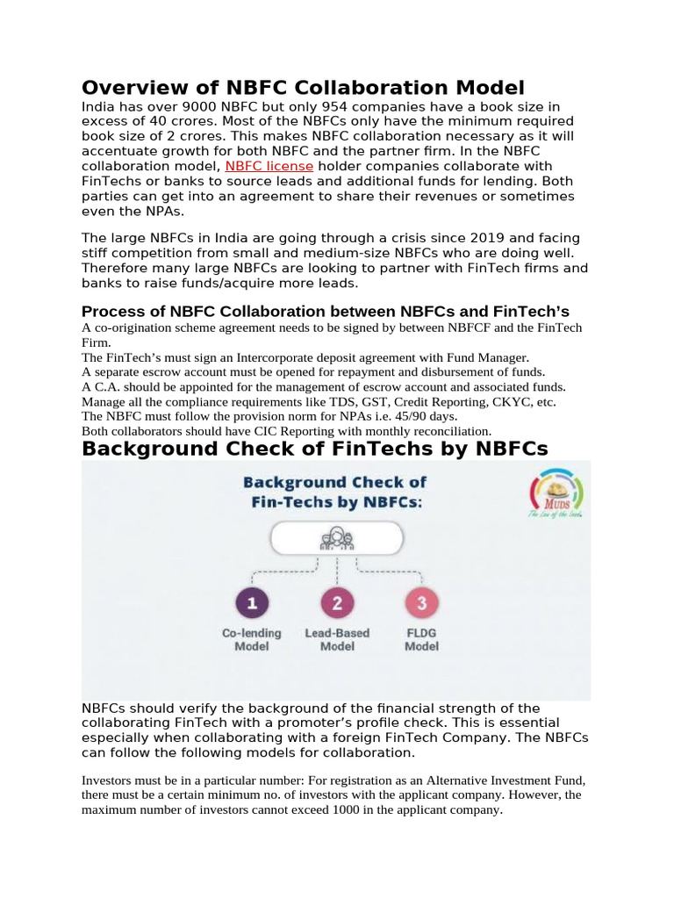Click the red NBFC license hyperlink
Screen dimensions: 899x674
269,166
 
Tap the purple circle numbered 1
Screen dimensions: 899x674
252,604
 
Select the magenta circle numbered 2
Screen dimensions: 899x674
337,604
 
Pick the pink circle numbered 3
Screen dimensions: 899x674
421,604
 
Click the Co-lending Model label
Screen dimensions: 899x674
252,639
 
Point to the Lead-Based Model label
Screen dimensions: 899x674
337,639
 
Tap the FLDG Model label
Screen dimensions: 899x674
421,639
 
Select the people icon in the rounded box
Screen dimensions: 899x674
337,537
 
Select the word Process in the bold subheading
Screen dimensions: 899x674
111,312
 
